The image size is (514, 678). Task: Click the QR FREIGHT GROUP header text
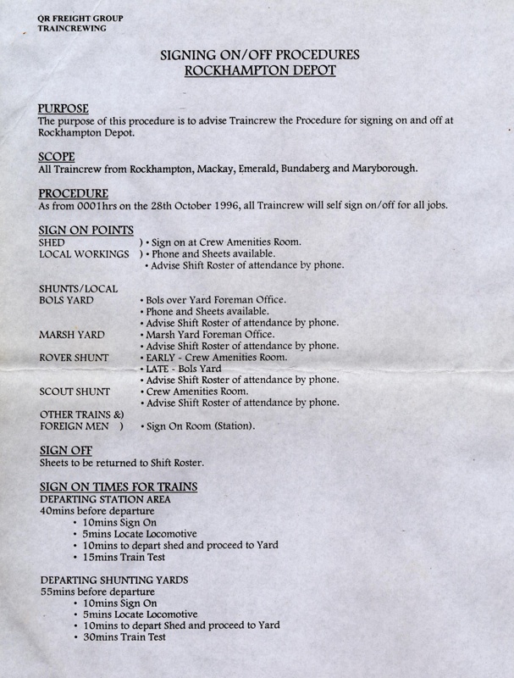point(72,17)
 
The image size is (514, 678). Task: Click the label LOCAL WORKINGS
point(85,254)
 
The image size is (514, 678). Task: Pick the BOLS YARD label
point(66,301)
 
